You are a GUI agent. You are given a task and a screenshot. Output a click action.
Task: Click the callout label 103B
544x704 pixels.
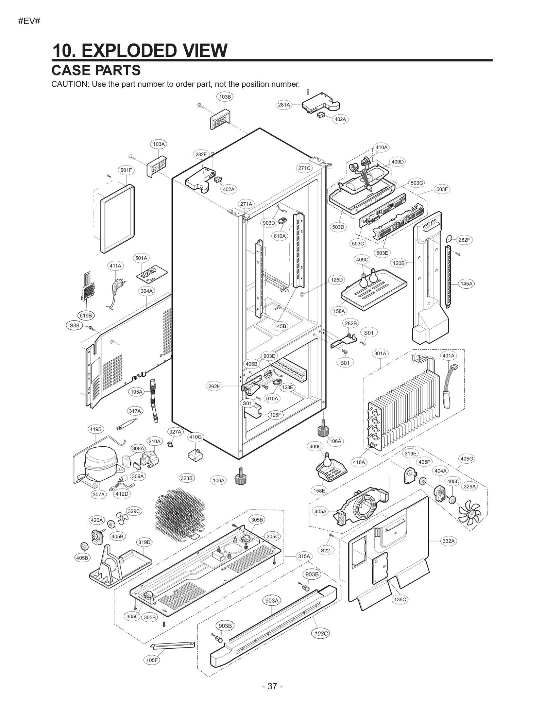pyautogui.click(x=225, y=97)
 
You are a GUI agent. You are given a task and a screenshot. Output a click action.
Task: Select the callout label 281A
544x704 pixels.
pyautogui.click(x=284, y=105)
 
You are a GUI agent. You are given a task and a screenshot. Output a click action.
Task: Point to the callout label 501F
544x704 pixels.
pyautogui.click(x=126, y=170)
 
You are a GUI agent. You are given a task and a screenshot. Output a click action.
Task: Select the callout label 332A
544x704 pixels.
pyautogui.click(x=448, y=541)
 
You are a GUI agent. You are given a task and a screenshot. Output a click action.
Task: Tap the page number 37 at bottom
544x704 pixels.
pyautogui.click(x=272, y=686)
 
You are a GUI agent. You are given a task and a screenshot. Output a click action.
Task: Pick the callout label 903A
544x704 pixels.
pyautogui.click(x=272, y=601)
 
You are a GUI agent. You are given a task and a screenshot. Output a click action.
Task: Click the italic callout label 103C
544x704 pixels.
pyautogui.click(x=321, y=634)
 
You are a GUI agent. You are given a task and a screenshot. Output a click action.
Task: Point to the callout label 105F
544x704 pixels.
pyautogui.click(x=152, y=660)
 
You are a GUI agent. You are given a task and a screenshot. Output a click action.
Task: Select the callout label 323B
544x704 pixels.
pyautogui.click(x=186, y=478)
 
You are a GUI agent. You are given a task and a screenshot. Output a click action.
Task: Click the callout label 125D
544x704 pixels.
pyautogui.click(x=337, y=280)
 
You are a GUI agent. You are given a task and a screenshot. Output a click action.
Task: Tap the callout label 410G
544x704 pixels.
pyautogui.click(x=195, y=437)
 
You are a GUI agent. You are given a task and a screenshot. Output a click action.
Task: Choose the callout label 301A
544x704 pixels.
pyautogui.click(x=380, y=354)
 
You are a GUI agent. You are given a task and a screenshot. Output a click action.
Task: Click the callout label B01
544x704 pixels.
pyautogui.click(x=345, y=363)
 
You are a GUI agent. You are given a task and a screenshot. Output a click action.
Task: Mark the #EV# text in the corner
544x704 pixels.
pyautogui.click(x=29, y=21)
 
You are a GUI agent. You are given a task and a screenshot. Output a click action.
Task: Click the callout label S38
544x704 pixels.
pyautogui.click(x=74, y=326)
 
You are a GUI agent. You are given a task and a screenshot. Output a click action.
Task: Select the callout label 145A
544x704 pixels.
pyautogui.click(x=466, y=284)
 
